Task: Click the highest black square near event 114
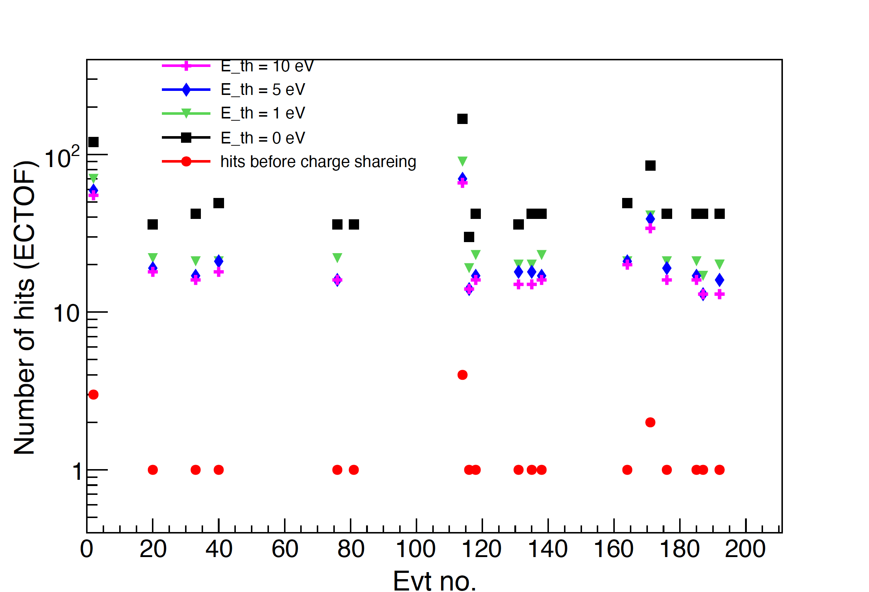(x=462, y=119)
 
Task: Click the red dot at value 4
(x=462, y=375)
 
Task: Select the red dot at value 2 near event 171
(x=650, y=423)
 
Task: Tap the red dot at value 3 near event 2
(x=93, y=394)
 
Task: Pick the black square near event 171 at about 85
(x=650, y=166)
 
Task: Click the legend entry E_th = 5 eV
(x=262, y=90)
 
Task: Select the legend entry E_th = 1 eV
(x=262, y=113)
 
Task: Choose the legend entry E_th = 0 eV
(x=262, y=138)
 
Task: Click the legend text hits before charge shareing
(x=318, y=162)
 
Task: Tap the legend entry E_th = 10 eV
(x=267, y=67)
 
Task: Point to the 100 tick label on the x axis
(x=415, y=549)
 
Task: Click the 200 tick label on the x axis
(x=745, y=549)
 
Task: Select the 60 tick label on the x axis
(x=284, y=549)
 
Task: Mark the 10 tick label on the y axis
(x=66, y=313)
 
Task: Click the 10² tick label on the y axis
(x=62, y=157)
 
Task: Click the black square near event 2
(x=93, y=142)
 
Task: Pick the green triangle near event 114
(x=462, y=161)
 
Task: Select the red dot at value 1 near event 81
(x=354, y=470)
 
